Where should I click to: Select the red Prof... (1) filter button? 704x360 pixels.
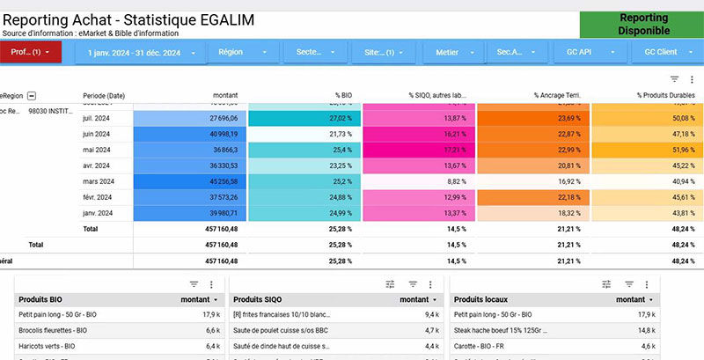click(x=31, y=52)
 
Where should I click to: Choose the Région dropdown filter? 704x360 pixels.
click(x=244, y=52)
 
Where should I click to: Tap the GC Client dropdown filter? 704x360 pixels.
click(x=666, y=52)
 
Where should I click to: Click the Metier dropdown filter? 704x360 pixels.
click(x=454, y=52)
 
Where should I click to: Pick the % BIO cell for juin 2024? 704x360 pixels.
click(x=304, y=133)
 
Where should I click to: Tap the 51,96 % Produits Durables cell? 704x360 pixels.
click(x=647, y=150)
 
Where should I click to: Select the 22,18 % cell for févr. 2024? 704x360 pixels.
click(x=532, y=197)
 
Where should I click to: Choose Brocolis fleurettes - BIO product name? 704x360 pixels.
click(x=53, y=330)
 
